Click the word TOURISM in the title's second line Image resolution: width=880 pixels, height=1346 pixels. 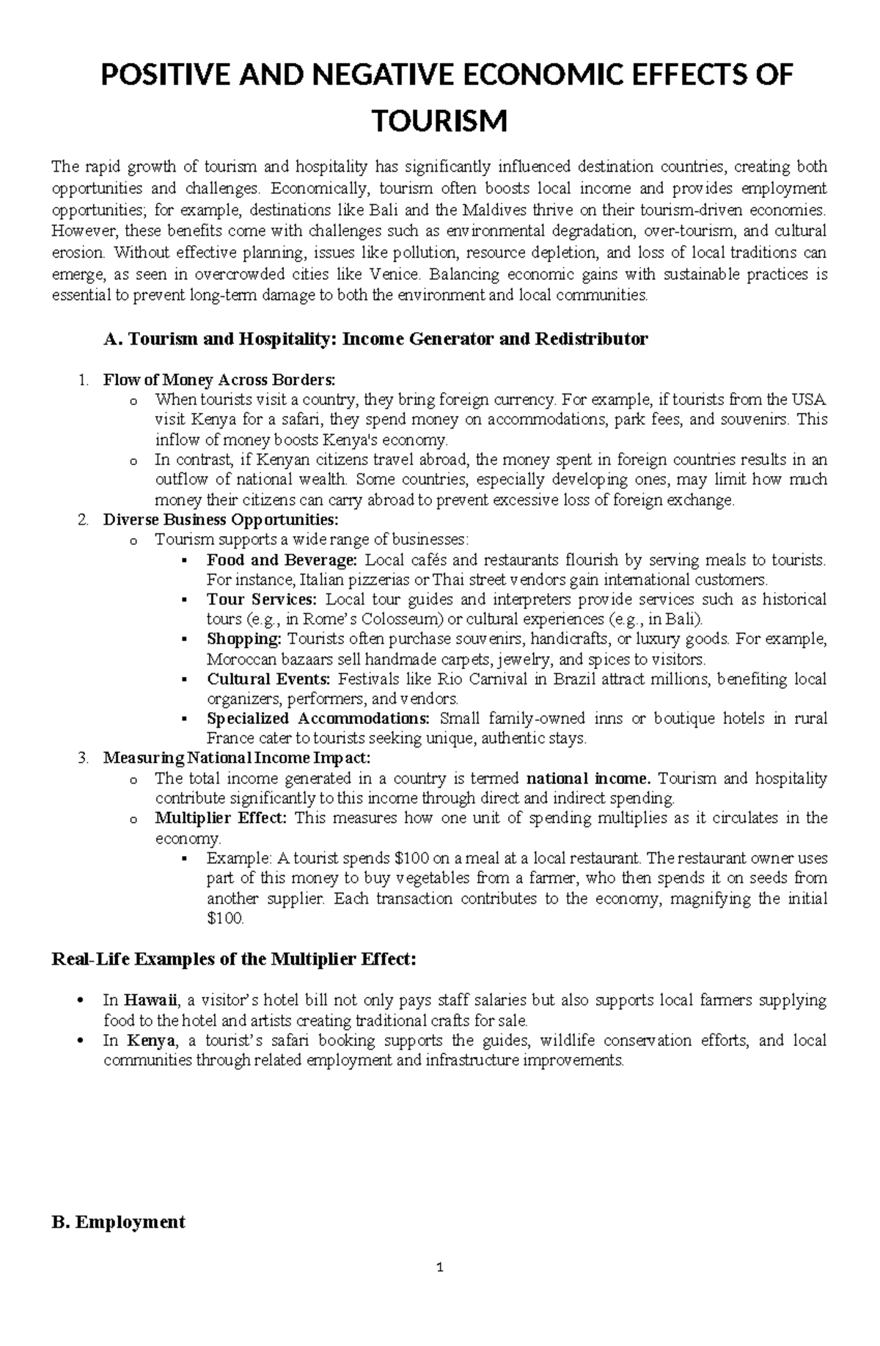pos(440,120)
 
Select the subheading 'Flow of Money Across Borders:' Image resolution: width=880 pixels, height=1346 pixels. pos(219,380)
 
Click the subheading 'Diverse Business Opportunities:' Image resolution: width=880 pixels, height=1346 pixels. pos(221,520)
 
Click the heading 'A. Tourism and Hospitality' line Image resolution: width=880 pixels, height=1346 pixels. pos(376,339)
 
